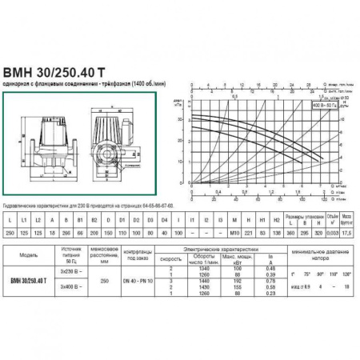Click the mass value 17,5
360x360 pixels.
(x=346, y=232)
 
